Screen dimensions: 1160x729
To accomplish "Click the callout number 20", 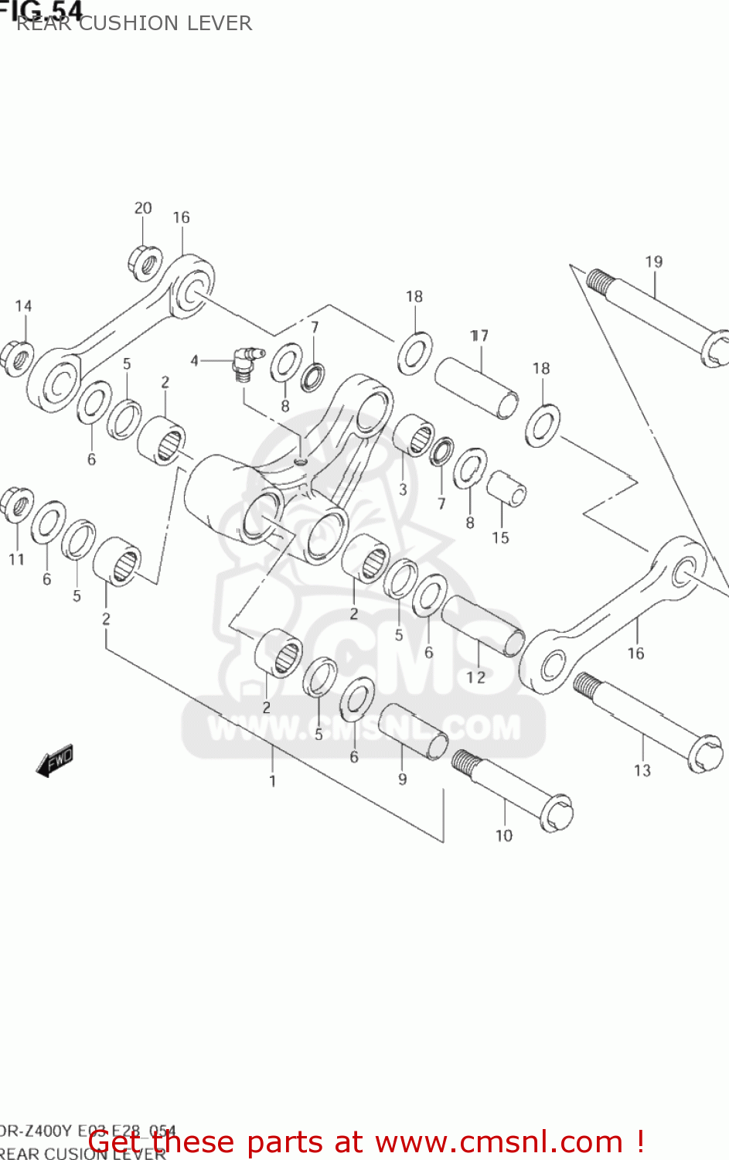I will tap(143, 208).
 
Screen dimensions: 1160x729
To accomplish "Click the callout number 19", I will tap(653, 261).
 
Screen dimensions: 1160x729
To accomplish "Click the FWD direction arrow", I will tap(55, 760).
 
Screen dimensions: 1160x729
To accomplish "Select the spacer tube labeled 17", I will tap(476, 386).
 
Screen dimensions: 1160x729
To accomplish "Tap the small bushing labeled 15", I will tap(506, 489).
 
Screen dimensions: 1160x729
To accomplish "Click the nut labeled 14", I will tap(17, 357).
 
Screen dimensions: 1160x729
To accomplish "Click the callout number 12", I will tap(475, 677).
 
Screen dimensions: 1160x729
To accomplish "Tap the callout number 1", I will tap(272, 781).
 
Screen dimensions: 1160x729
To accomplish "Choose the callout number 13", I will tap(642, 770).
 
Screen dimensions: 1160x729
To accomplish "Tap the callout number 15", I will tap(500, 537).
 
